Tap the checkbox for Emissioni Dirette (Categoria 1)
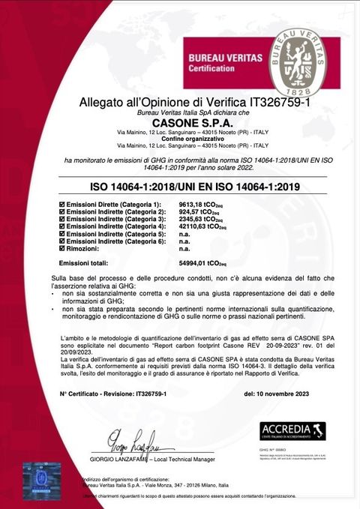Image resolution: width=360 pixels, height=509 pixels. click(x=61, y=205)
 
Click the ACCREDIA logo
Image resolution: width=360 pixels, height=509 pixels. click(x=292, y=430)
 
